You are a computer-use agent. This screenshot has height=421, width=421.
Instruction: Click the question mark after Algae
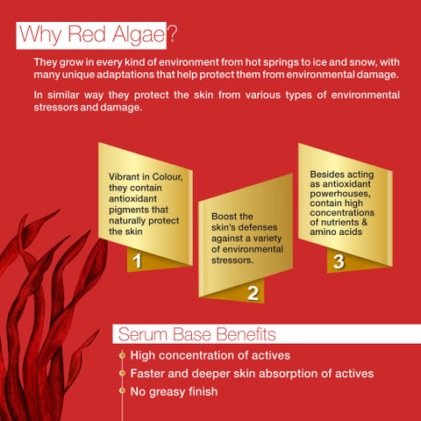(x=173, y=34)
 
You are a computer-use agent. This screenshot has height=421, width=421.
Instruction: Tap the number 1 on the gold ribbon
(x=137, y=260)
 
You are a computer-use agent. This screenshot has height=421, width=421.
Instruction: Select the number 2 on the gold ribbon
(x=253, y=293)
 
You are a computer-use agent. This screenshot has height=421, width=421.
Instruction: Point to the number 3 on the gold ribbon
(x=339, y=261)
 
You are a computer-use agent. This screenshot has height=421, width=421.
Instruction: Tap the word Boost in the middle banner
(x=221, y=217)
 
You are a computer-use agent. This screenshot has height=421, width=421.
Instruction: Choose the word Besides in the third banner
(x=324, y=175)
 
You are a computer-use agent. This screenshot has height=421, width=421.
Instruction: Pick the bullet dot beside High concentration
(x=122, y=355)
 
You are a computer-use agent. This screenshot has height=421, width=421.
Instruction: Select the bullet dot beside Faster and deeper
(x=122, y=374)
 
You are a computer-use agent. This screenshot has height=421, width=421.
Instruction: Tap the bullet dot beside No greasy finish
(x=122, y=391)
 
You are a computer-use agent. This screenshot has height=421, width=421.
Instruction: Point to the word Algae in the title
(x=139, y=35)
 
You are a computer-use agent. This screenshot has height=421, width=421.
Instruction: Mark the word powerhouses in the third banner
(x=340, y=194)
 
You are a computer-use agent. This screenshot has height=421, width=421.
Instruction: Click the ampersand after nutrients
(x=364, y=222)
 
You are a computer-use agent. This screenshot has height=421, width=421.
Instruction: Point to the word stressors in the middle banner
(x=232, y=260)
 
